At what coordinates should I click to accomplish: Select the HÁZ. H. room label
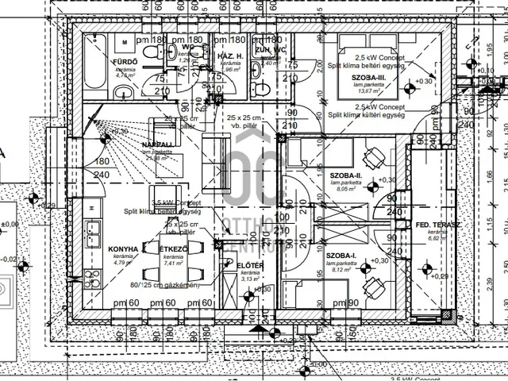229,57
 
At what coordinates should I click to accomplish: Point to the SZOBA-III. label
357,79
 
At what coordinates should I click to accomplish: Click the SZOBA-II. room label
345,175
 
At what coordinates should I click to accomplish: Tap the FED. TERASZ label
433,226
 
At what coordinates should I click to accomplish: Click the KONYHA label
124,248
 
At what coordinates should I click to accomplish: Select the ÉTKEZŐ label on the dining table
173,248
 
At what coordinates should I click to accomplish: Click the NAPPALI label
159,144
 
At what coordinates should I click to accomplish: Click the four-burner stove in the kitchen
91,262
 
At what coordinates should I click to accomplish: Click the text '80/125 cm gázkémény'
169,285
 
